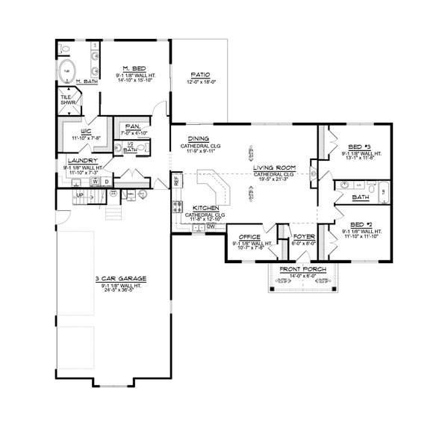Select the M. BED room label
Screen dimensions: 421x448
(134, 69)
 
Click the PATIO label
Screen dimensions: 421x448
(199, 75)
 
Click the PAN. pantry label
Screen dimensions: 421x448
(133, 126)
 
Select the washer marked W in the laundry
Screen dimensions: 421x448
(95, 181)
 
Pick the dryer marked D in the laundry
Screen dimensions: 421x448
(106, 181)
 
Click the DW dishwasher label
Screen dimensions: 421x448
(211, 226)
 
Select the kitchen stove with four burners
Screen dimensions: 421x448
(178, 207)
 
